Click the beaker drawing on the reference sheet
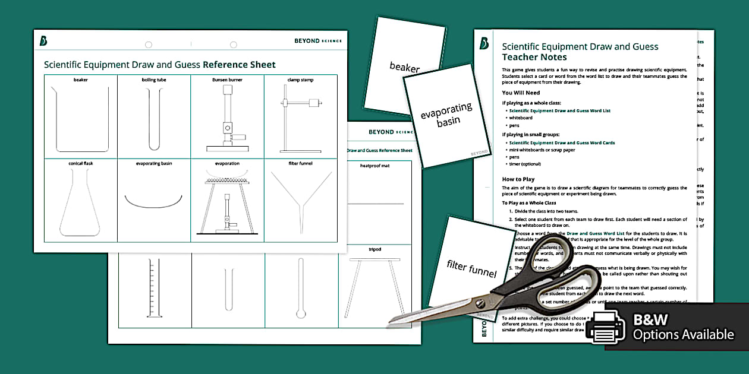[x=81, y=119]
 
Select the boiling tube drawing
[x=153, y=119]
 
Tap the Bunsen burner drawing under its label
[x=226, y=119]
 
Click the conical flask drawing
[x=81, y=205]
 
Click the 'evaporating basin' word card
[x=447, y=116]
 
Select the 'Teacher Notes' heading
[x=534, y=58]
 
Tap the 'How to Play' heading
[x=518, y=179]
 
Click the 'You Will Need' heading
[x=521, y=93]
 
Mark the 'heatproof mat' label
[x=375, y=166]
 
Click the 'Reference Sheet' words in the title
[x=239, y=65]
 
